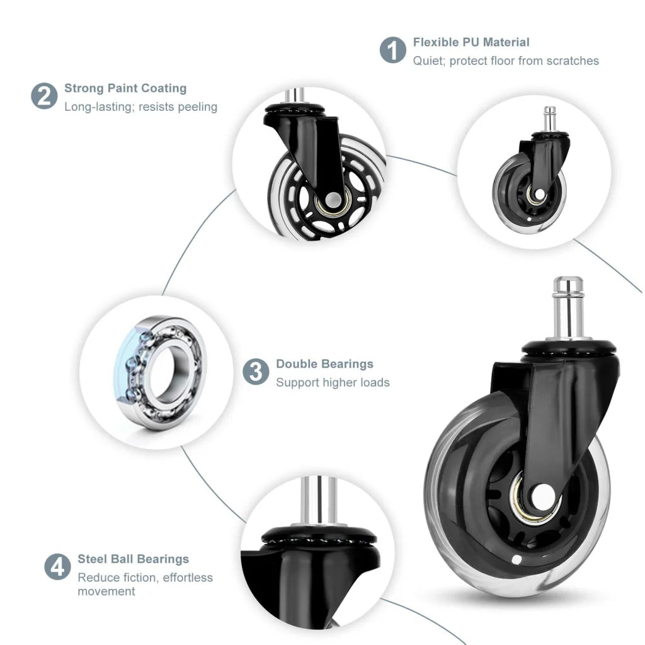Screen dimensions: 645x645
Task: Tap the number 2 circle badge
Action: (44, 96)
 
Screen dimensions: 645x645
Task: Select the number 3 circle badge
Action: (256, 372)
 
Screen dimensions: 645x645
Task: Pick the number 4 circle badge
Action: (57, 566)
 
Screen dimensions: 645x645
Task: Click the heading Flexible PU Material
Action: (471, 42)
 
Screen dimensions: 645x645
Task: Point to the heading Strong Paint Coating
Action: (125, 88)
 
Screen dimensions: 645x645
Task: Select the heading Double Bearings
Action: (324, 364)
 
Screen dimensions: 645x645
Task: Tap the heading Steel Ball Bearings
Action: (133, 559)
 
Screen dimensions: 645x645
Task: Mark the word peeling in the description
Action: (197, 107)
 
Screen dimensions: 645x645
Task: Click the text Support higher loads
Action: (333, 383)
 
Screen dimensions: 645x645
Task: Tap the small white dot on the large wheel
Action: (516, 559)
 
